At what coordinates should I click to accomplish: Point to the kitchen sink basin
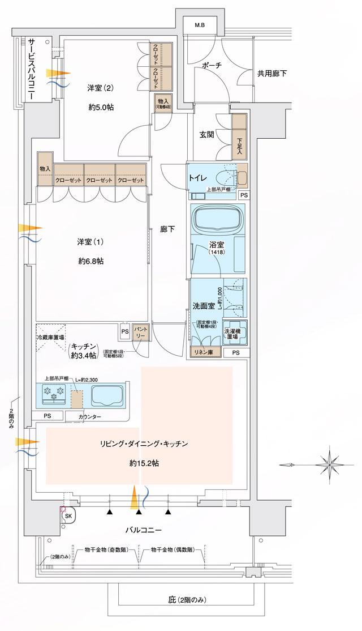pos(107,394)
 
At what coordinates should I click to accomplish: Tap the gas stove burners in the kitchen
pos(52,393)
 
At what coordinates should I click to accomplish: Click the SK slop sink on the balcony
pos(68,516)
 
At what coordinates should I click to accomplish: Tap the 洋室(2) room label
pos(101,88)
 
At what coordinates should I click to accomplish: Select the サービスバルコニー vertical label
pos(33,69)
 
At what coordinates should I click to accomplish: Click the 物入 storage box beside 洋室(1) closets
pos(45,169)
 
